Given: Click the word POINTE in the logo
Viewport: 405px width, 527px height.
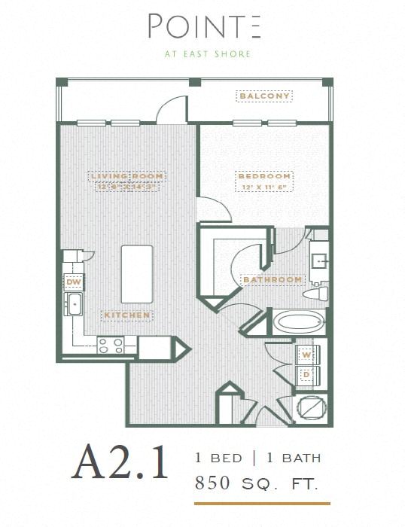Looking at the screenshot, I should (x=203, y=27).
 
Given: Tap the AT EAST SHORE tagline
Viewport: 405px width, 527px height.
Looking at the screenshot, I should (x=203, y=54).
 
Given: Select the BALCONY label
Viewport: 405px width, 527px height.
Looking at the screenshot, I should (x=264, y=96).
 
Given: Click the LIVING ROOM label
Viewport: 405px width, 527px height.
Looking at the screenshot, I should (x=126, y=176).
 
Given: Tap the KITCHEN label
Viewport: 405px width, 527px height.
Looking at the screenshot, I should (x=128, y=315).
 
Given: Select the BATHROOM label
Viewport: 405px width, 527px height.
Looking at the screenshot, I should (x=272, y=279).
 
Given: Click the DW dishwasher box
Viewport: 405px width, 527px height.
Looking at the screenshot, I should (x=73, y=282).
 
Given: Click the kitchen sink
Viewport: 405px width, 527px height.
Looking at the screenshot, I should (x=75, y=305).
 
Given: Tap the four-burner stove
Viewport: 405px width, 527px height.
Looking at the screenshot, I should (x=111, y=345).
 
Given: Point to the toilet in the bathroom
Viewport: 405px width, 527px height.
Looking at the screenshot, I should (x=319, y=292).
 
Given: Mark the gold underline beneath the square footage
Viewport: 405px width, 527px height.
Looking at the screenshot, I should (x=261, y=502).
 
